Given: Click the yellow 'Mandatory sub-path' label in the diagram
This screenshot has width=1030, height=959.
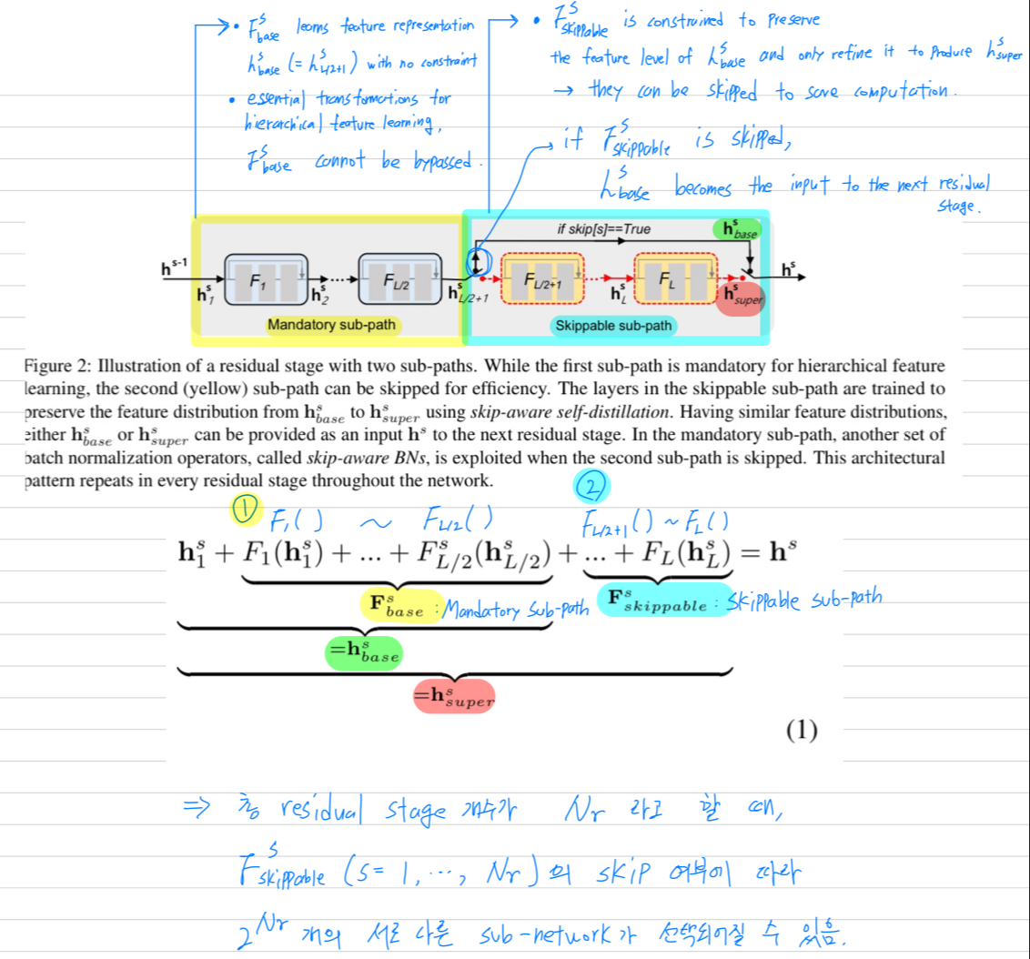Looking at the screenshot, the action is pos(331,325).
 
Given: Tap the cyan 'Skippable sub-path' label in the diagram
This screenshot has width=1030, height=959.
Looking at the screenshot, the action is pos(614,325).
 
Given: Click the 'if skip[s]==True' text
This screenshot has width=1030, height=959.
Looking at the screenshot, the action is pos(603,229).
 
